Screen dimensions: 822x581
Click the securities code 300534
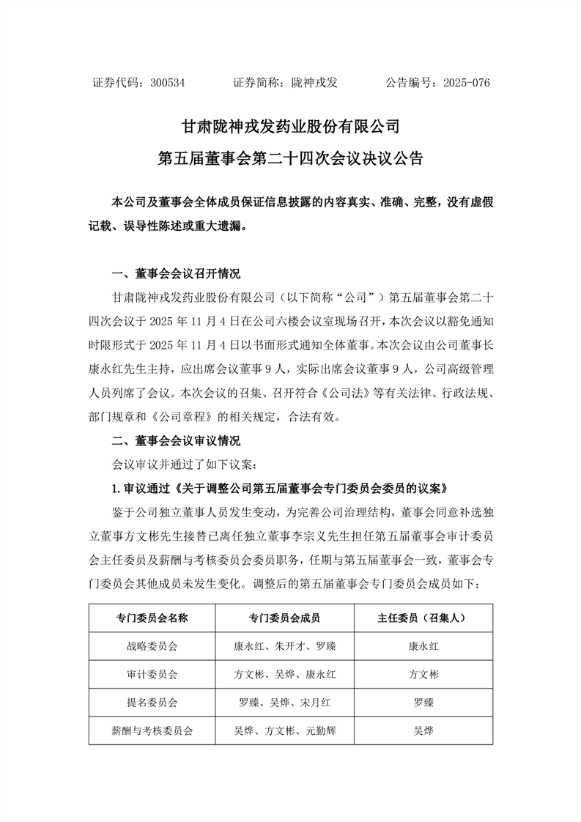click(x=167, y=83)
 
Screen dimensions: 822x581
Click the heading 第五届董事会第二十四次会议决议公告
click(x=290, y=157)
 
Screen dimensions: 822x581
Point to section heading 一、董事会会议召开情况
click(x=175, y=274)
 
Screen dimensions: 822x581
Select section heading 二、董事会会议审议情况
click(x=175, y=442)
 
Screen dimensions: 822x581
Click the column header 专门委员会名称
click(x=152, y=618)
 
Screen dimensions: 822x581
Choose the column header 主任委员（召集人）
click(x=423, y=618)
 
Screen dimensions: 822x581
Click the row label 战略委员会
click(x=152, y=646)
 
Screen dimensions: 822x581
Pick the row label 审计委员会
click(x=152, y=674)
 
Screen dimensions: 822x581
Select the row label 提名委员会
click(x=152, y=702)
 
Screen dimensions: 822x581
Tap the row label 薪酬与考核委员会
click(x=152, y=730)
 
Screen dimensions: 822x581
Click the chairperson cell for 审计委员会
click(x=423, y=674)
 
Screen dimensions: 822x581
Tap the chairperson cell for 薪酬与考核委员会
click(x=423, y=730)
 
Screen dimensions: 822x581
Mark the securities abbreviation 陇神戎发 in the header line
click(x=314, y=83)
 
